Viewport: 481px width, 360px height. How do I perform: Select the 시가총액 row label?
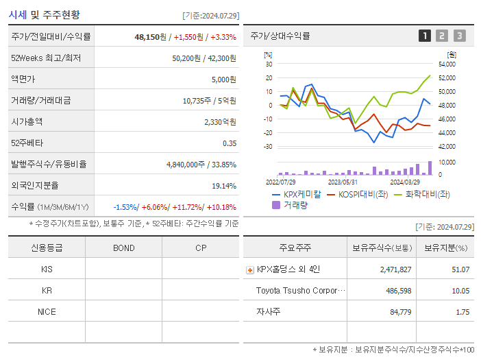27,121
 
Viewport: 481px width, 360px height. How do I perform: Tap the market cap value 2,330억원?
220,121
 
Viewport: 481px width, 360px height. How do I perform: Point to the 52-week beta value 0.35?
229,143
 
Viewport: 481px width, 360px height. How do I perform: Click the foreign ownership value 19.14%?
224,185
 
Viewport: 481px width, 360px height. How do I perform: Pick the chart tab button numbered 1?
425,36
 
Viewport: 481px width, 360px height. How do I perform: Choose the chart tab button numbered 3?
459,36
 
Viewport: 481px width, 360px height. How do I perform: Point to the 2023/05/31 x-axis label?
343,182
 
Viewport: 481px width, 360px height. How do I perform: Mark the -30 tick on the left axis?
269,147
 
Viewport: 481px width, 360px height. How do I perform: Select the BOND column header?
123,248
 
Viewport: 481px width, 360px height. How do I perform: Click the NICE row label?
47,311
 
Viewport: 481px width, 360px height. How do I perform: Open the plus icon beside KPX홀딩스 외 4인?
250,269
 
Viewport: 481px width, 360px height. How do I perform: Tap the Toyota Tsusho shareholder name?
297,291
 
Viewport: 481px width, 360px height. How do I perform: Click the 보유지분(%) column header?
445,248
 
